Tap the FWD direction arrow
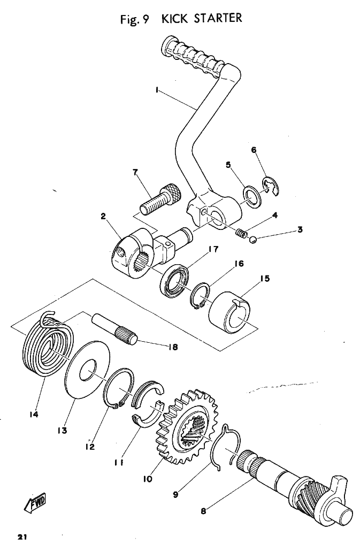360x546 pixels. coord(37,502)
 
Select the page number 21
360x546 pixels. coord(22,537)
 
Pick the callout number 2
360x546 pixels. coord(103,217)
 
